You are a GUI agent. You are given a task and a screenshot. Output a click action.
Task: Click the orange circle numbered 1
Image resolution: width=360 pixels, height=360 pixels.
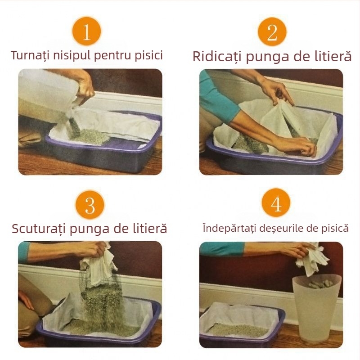(x=86, y=31)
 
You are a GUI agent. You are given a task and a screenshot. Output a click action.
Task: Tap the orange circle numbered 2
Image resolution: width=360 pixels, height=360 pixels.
(x=272, y=31)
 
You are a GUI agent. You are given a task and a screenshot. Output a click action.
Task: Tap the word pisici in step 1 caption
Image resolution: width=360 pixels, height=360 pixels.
(x=148, y=55)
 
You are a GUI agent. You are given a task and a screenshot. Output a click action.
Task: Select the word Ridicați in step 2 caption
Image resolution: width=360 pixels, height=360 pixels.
(x=216, y=57)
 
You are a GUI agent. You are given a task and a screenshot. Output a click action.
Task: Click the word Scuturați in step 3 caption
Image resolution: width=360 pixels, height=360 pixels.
(x=38, y=228)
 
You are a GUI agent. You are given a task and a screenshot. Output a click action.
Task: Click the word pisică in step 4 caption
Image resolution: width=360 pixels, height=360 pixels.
(x=334, y=228)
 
